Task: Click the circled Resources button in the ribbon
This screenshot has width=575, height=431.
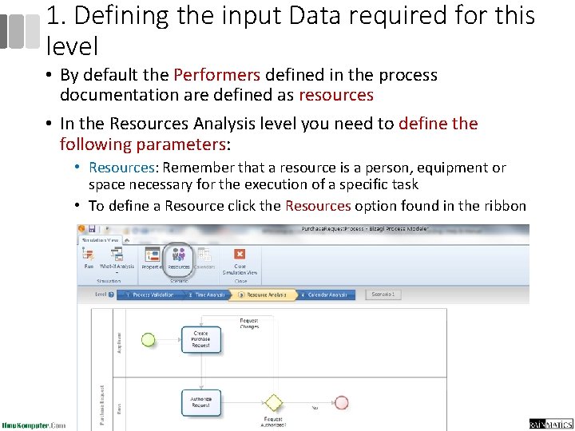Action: [x=178, y=256]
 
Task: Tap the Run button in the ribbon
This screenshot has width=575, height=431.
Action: [x=89, y=257]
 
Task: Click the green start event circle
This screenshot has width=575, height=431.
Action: [x=148, y=339]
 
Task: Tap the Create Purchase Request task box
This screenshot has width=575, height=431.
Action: [x=200, y=339]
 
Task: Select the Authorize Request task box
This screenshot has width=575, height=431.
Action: [x=200, y=401]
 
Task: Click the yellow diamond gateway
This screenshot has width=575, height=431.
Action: [x=274, y=401]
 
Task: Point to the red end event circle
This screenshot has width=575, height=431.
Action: [x=342, y=402]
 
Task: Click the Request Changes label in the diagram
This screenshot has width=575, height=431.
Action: [x=249, y=324]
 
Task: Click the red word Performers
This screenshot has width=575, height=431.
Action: [x=216, y=75]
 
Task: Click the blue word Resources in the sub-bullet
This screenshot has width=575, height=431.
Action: [x=121, y=168]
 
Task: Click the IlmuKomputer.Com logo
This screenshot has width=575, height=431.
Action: [x=34, y=425]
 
